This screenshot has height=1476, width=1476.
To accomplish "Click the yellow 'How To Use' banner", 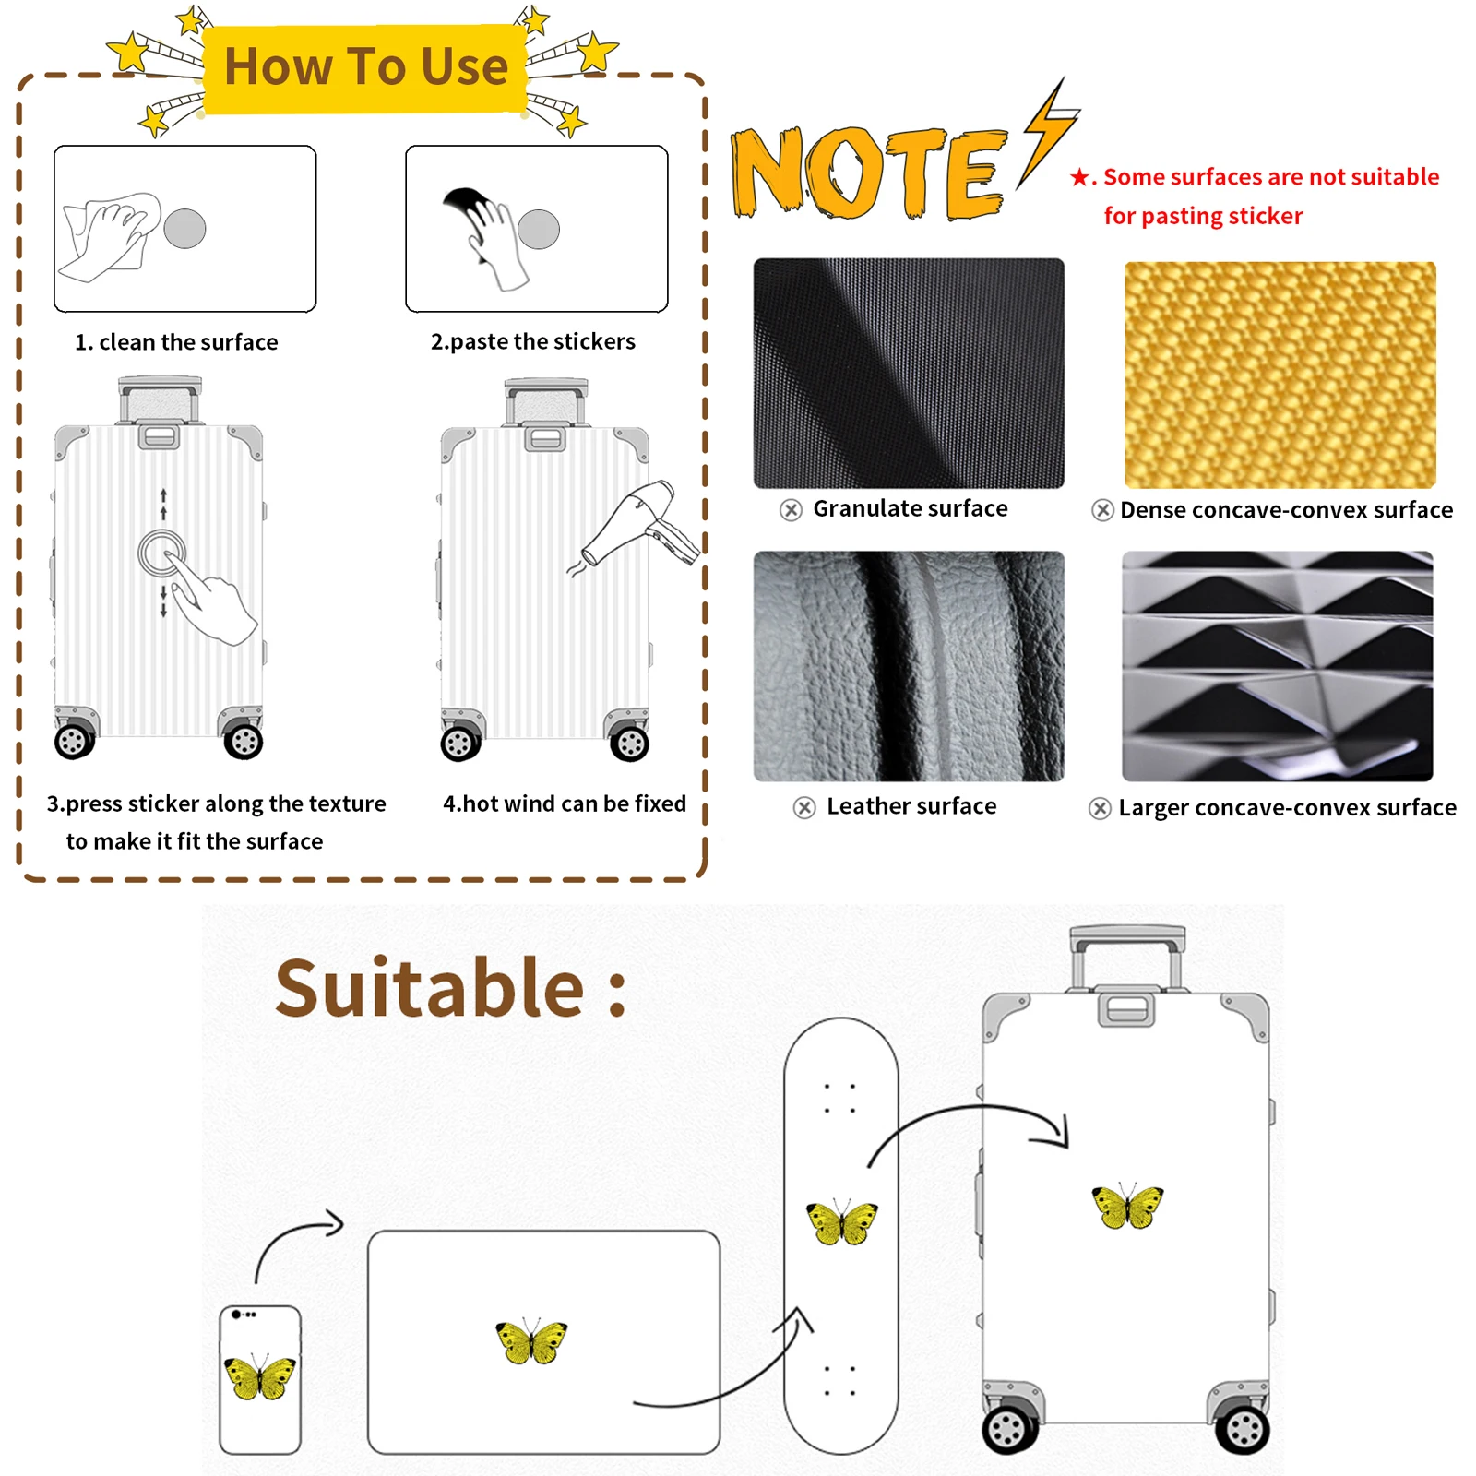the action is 365,68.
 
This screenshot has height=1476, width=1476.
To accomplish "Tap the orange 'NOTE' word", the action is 867,173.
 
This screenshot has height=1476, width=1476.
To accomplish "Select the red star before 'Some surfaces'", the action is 1079,177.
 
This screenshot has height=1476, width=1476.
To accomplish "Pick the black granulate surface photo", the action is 909,373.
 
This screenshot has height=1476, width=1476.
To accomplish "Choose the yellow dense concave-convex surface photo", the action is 1280,375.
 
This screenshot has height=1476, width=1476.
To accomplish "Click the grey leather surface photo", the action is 909,666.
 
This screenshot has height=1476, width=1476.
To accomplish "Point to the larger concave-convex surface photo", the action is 1278,666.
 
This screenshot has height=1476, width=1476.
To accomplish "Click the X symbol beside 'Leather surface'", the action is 804,808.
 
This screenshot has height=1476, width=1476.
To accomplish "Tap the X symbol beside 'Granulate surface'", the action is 791,510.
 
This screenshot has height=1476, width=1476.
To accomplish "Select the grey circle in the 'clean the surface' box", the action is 184,229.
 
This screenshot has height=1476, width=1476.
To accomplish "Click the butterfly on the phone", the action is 260,1377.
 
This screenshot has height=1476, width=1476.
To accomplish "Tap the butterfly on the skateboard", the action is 841,1222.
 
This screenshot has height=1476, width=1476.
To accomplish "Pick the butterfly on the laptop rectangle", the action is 531,1341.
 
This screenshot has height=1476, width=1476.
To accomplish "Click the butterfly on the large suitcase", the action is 1127,1206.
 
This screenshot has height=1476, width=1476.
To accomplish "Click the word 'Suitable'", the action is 430,989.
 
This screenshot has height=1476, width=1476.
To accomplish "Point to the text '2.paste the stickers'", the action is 533,342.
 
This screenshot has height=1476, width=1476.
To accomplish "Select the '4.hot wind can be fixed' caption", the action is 565,803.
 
